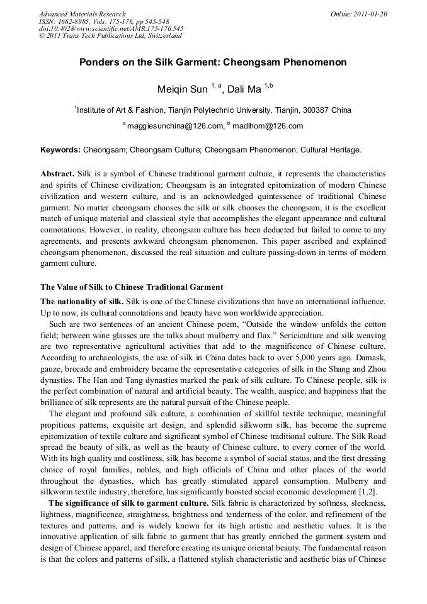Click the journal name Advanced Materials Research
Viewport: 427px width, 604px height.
coord(82,14)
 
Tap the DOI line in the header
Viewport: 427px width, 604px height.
coord(111,28)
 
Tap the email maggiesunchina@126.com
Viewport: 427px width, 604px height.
coord(175,126)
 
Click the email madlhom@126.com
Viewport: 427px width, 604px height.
coord(268,126)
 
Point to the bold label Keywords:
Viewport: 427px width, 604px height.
coord(60,151)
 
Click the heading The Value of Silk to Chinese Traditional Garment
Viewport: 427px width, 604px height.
coord(132,287)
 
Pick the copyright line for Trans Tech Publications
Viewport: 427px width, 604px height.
coord(110,36)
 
